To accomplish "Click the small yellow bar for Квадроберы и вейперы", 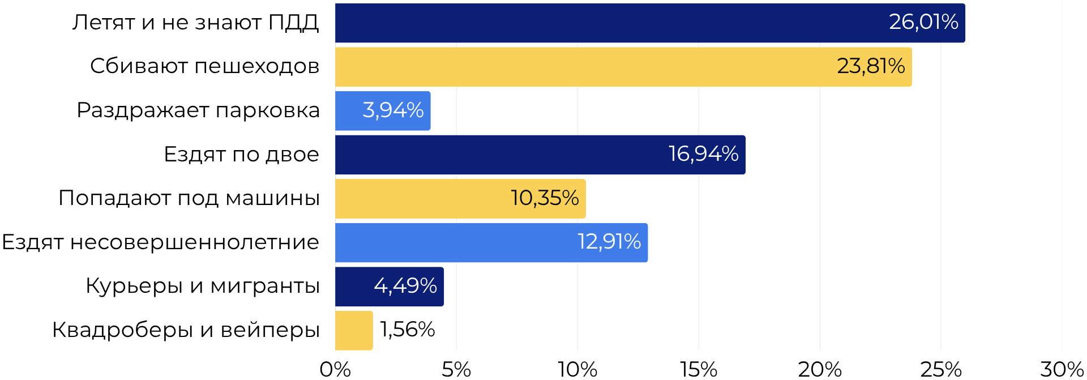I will [354, 330].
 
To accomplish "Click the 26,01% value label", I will [923, 22].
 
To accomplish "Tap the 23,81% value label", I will [871, 66].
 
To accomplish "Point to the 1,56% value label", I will [407, 330].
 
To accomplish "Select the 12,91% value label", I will [609, 242].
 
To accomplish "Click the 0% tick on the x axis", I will [335, 369].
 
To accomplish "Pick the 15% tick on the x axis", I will [699, 369].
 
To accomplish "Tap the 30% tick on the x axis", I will [1062, 369].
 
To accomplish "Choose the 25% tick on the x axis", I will [941, 369].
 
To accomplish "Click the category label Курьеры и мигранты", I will [203, 286].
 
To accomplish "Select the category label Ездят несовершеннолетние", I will [161, 242].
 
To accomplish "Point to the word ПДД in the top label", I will [293, 23].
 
